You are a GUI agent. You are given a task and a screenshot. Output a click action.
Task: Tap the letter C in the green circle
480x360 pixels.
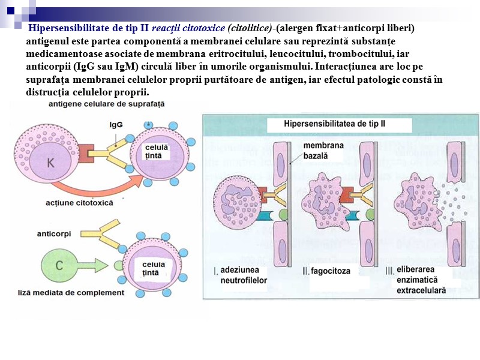coord(59,265)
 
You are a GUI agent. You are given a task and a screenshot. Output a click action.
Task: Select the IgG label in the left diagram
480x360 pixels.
coord(116,125)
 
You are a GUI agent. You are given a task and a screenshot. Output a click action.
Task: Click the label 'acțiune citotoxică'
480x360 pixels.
coord(79,203)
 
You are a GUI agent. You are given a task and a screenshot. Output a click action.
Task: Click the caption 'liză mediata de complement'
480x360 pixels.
coord(71,292)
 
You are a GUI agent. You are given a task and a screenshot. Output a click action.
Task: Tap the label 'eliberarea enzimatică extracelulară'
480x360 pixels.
coord(421,280)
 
